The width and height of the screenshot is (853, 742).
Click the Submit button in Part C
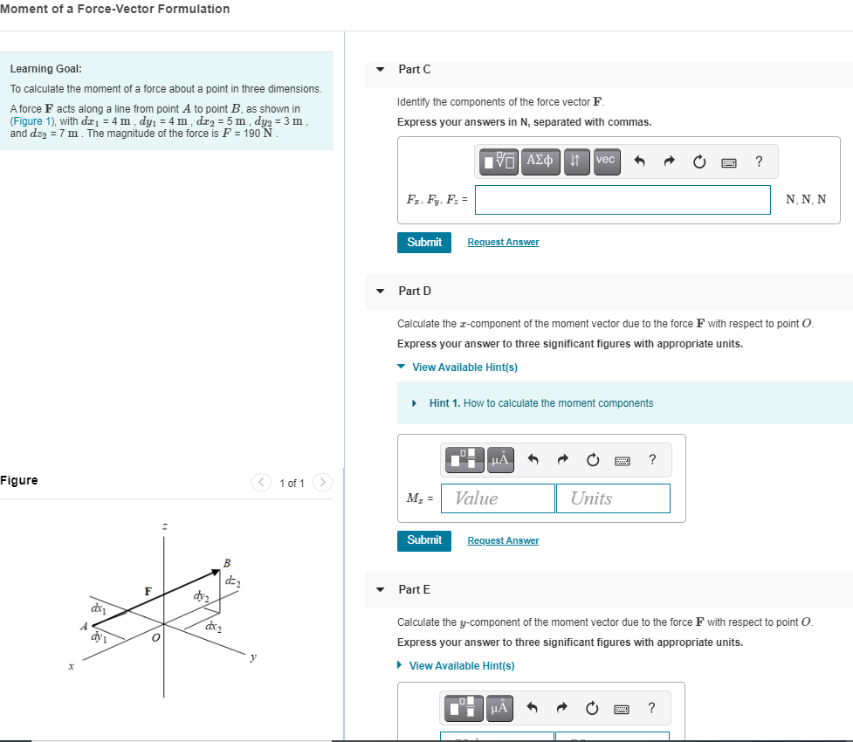coord(424,242)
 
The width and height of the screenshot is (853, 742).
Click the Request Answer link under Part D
coord(503,541)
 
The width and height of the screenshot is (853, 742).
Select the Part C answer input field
coord(623,200)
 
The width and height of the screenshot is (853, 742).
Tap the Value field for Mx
coord(498,498)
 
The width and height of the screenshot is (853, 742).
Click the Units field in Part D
coord(612,498)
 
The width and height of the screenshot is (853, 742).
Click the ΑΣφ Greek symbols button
coord(540,161)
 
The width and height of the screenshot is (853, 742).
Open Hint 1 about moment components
coord(540,403)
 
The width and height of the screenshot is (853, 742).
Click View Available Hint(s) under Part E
coord(461,666)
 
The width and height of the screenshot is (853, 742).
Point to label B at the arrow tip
coord(227,562)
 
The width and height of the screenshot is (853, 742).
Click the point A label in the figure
coord(84,626)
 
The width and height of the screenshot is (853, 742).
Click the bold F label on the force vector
coord(148,592)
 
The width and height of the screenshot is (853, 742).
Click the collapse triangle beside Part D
coord(380,291)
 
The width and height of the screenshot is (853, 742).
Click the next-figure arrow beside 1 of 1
coord(322,483)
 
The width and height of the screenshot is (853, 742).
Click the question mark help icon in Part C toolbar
coord(759,161)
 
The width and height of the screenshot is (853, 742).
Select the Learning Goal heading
coord(46,69)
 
